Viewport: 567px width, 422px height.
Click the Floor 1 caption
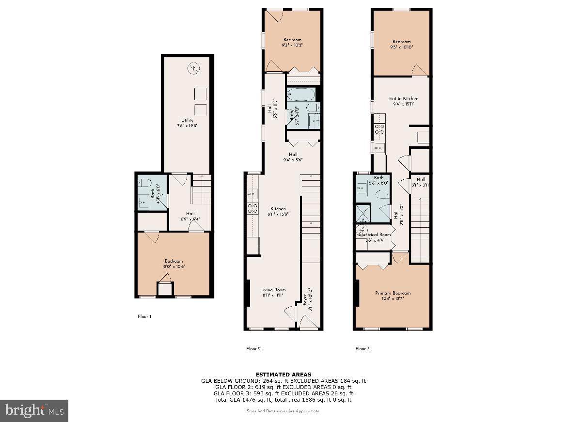(144, 316)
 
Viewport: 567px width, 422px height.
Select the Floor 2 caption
(253, 348)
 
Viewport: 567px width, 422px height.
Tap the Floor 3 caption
(362, 348)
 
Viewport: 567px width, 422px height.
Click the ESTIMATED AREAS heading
(283, 374)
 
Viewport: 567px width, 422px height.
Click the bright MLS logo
(34, 410)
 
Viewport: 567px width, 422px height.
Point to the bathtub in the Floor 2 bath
(301, 94)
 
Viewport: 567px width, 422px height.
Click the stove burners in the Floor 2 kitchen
(252, 208)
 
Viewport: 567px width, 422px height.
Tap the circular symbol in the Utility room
(193, 68)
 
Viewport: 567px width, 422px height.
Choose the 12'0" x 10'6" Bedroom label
(173, 264)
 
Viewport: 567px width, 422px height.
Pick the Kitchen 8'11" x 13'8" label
(278, 211)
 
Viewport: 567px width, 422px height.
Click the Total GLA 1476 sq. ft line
(283, 400)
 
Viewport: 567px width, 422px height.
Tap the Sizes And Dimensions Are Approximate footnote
(283, 411)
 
